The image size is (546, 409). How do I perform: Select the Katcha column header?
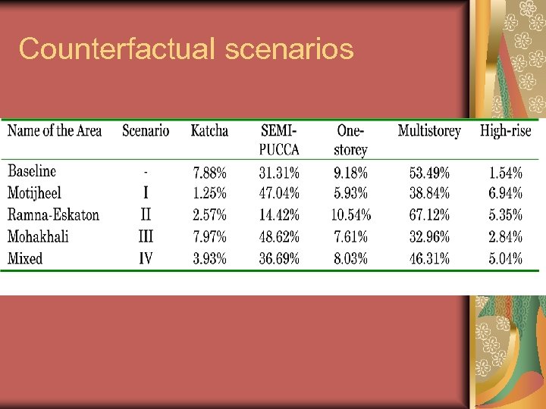point(209,131)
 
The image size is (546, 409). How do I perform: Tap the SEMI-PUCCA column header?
point(279,139)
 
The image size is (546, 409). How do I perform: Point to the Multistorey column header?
point(429,131)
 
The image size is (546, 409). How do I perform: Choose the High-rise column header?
point(505,131)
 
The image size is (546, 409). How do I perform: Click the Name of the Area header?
point(55,131)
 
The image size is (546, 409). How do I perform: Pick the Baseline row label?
point(32,171)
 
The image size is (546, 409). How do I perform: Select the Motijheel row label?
point(34,193)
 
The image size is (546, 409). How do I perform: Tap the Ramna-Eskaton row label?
point(53,214)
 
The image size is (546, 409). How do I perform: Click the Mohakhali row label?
point(38,236)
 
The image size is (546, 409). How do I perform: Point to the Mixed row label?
point(25,258)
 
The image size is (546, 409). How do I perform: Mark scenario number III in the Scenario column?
point(146,236)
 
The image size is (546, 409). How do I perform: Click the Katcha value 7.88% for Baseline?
point(209,172)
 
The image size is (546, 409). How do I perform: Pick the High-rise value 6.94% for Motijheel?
point(505,193)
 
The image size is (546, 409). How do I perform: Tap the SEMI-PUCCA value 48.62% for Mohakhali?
point(279,236)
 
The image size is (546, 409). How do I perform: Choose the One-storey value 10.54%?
point(350,215)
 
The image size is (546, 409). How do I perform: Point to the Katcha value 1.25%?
point(209,193)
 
